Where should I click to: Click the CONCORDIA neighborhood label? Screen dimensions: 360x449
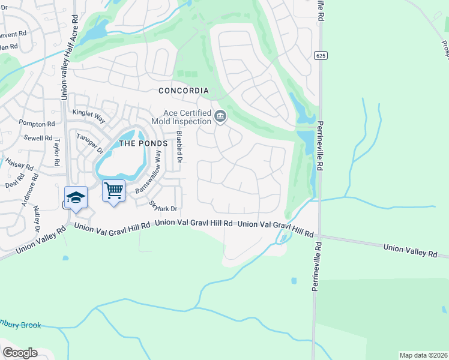point(183,91)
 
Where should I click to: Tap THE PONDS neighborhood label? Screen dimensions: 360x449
point(143,143)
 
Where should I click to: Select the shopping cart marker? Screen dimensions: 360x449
point(113,191)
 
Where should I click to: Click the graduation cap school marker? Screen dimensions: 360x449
point(76,198)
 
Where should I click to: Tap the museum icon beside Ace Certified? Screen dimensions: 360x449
point(220,116)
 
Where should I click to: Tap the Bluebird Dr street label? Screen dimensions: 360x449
point(178,146)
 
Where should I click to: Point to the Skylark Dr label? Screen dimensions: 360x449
point(163,206)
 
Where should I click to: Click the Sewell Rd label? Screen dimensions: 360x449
point(39,138)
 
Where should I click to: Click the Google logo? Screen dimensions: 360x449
point(20,353)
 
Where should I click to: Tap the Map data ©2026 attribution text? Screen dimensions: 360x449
point(423,355)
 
